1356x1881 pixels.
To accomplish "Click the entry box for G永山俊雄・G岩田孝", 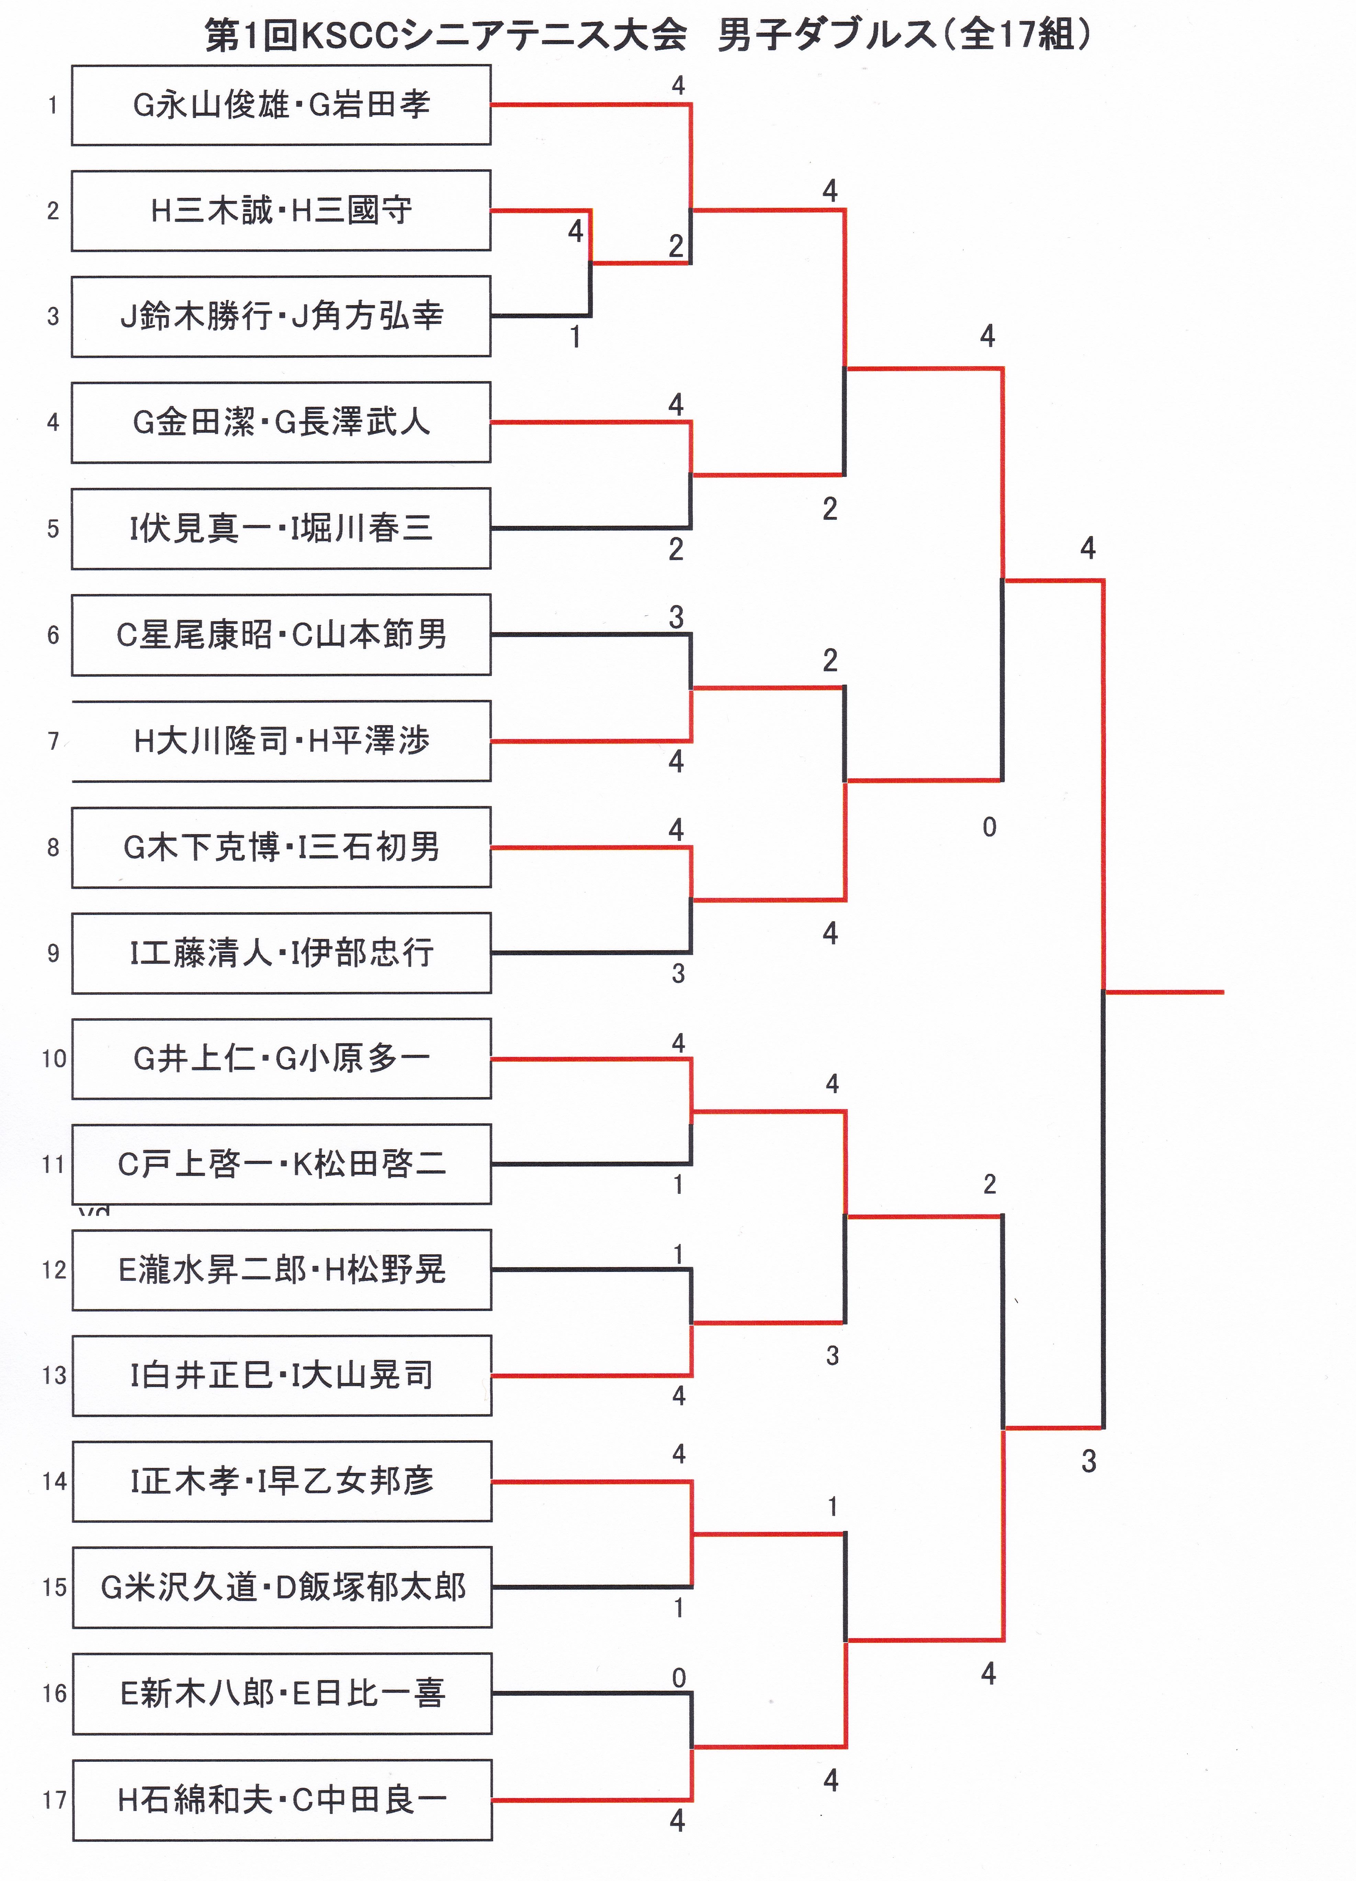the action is coord(281,105).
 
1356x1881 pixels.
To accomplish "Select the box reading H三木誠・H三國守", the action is coord(281,211).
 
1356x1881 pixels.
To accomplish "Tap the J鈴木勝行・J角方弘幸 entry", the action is coord(281,316).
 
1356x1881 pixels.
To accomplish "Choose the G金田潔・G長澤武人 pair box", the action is coord(281,422).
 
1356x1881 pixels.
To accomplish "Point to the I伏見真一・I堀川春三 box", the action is coord(281,528).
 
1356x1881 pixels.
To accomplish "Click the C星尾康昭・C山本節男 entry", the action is coord(281,635).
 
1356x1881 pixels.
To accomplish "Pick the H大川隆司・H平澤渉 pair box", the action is coord(281,741).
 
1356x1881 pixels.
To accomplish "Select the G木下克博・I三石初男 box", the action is coord(281,847).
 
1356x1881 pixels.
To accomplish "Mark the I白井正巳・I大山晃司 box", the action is coord(282,1375).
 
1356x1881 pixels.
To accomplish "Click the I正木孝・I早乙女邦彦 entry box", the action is coord(282,1481).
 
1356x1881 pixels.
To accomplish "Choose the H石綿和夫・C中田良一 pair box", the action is coord(282,1800).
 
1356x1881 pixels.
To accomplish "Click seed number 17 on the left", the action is coord(54,1800).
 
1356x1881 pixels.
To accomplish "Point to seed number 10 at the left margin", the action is coord(54,1058).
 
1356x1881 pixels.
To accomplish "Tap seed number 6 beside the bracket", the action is coord(53,635).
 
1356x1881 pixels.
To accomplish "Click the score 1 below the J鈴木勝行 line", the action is coord(575,337).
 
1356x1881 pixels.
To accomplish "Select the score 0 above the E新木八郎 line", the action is coord(678,1678).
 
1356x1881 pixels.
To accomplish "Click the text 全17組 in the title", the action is coord(1018,35).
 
